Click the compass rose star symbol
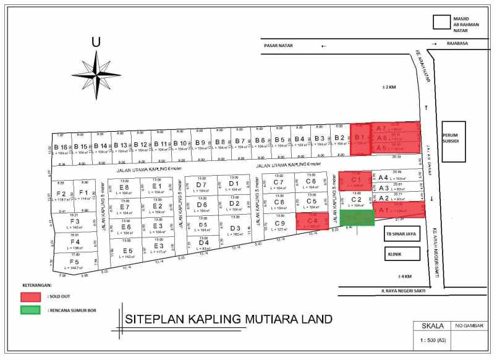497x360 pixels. click(97, 72)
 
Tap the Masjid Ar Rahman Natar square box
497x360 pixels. click(441, 22)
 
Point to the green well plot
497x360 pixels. click(357, 218)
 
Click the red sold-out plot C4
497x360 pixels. click(312, 221)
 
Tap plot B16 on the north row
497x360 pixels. click(61, 149)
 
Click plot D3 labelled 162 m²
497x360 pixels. click(234, 229)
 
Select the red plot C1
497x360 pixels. click(355, 181)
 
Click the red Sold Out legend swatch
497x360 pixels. click(33, 296)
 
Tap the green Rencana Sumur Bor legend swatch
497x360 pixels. click(33, 310)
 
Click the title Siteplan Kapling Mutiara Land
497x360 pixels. click(228, 319)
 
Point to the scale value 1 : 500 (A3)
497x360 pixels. click(431, 341)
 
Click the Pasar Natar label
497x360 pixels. click(278, 45)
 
